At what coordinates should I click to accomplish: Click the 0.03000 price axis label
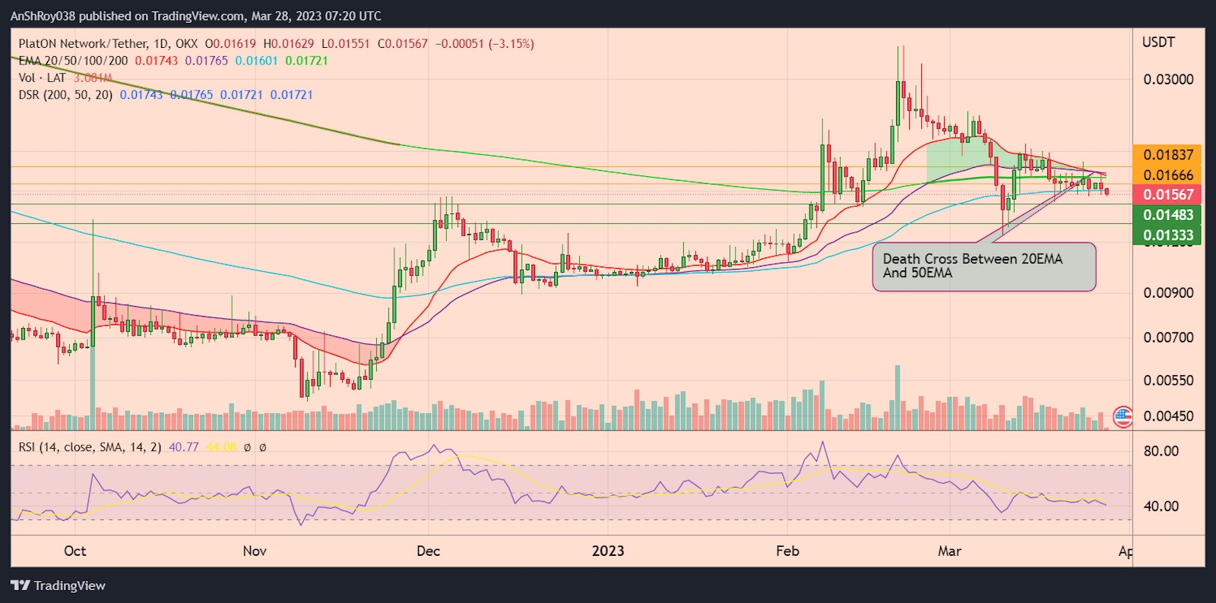[1168, 80]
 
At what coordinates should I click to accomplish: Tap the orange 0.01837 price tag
[1167, 155]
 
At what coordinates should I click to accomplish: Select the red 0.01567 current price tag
[1167, 195]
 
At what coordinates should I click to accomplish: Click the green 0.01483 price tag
[1167, 216]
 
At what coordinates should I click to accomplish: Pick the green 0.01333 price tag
[1167, 235]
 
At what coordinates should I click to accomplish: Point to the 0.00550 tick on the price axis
[1168, 380]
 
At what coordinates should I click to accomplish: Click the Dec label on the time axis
[428, 551]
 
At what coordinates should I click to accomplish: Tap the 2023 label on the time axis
[608, 551]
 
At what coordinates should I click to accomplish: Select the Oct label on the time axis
[75, 551]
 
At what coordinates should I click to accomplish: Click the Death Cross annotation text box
[983, 267]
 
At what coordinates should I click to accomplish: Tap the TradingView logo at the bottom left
[58, 586]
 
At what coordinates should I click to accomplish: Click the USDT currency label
[1158, 43]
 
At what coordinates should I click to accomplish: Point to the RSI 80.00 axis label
[1161, 451]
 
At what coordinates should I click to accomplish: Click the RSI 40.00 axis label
[1161, 507]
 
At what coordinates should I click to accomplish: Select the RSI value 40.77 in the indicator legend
[183, 447]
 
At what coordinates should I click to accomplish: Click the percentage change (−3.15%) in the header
[511, 44]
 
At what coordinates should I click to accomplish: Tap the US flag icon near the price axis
[1123, 416]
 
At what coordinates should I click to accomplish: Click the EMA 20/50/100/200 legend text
[73, 61]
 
